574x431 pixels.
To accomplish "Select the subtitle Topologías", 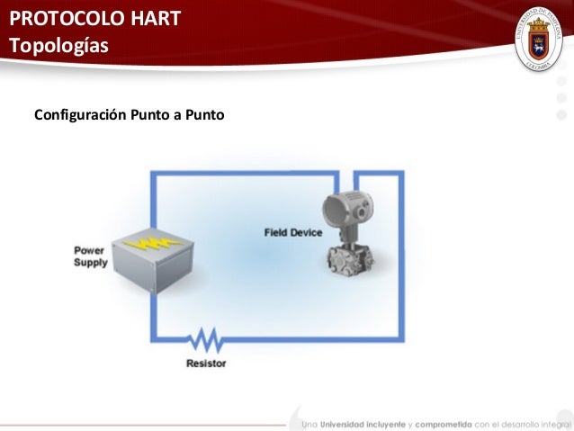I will [x=58, y=47].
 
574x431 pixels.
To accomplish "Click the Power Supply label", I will [x=90, y=256].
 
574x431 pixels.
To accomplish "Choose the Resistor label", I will [x=206, y=364].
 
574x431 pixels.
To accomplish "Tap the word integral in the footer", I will [x=557, y=423].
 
